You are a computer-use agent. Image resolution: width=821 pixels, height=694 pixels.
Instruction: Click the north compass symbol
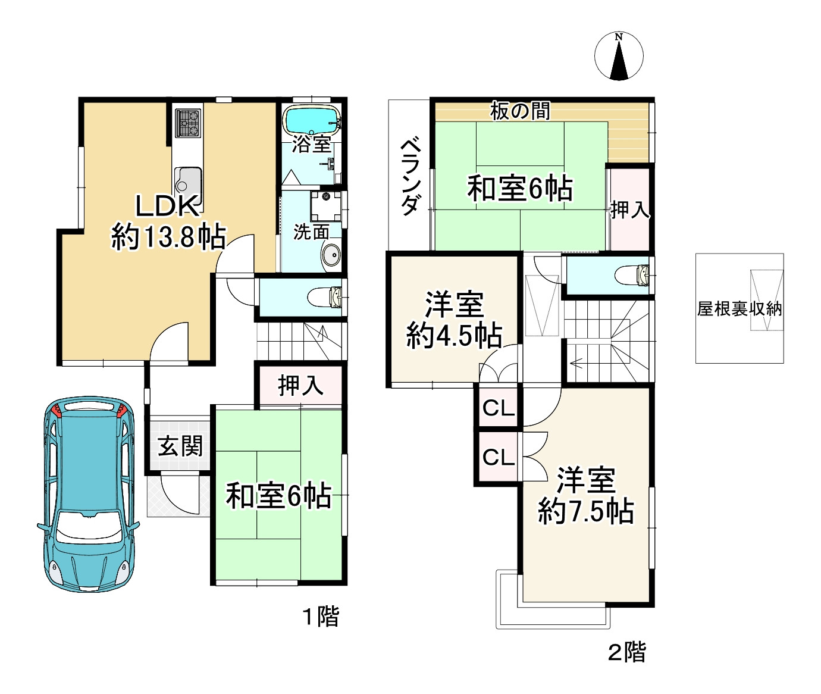point(619,56)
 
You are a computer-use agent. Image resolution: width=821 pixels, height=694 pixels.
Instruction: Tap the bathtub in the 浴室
point(311,121)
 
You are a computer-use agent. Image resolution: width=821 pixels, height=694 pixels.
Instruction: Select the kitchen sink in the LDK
point(187,179)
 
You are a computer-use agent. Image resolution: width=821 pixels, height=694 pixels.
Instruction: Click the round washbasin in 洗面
point(330,256)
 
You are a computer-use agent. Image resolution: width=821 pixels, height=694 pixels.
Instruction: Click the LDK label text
point(167,207)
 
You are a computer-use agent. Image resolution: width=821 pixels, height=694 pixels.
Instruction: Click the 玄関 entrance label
point(180,446)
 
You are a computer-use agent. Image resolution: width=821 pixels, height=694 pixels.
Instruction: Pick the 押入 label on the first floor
point(300,386)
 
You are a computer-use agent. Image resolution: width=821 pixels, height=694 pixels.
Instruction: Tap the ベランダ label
point(410,177)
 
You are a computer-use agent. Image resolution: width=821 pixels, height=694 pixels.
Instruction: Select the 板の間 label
point(520,111)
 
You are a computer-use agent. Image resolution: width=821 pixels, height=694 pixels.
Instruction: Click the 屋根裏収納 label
point(739,308)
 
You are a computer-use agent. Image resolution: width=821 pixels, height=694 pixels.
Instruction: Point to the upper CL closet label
point(498,408)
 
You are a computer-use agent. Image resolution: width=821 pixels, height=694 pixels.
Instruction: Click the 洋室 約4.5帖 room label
point(454,320)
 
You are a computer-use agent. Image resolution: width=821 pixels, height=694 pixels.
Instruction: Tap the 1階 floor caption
point(321,617)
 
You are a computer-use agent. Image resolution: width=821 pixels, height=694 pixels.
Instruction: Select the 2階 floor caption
point(626,652)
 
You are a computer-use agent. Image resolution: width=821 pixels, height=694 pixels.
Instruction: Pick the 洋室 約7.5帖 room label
point(585,496)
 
